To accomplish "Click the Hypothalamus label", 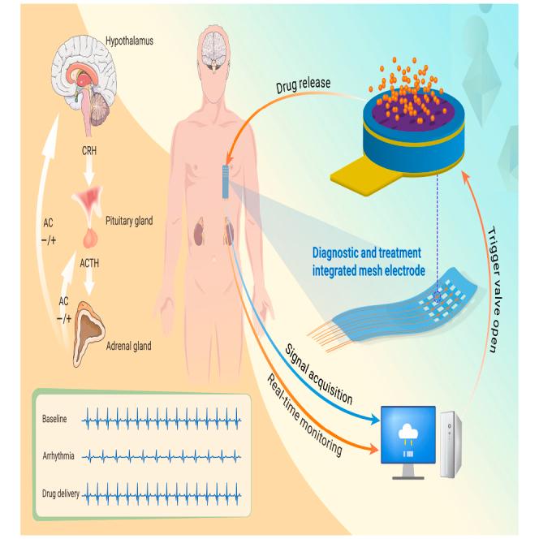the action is (129, 41).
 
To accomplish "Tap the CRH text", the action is (89, 150).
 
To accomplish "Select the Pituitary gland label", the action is (129, 221).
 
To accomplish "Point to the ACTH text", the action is (89, 263).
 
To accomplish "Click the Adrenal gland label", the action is (128, 346).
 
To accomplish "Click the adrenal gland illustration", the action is (88, 332).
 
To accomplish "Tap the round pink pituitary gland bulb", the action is (90, 238).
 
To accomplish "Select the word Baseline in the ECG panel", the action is (54, 419).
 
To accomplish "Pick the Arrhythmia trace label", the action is (58, 456).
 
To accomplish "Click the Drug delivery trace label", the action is (61, 494).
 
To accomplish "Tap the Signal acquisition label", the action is (319, 374).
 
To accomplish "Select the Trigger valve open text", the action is (494, 290).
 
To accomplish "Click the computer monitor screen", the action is (408, 435).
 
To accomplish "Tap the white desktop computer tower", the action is (451, 445).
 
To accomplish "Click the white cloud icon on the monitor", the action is (408, 431).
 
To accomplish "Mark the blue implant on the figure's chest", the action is (226, 182).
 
